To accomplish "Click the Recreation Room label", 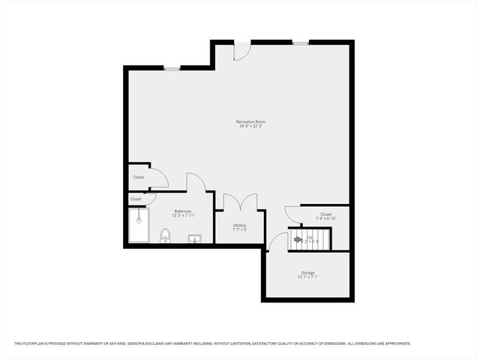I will tap(250, 121).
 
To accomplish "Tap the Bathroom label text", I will tap(184, 211).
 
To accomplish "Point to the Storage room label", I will tap(307, 272).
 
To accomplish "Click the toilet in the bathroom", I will tap(165, 236).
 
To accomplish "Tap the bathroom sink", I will tap(194, 239).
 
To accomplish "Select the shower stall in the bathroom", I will tap(139, 226).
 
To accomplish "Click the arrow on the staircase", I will tap(298, 240).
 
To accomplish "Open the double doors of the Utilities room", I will tap(239, 203).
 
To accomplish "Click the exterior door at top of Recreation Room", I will tap(242, 50).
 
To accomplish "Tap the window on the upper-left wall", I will tap(172, 69).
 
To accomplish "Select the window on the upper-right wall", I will tap(300, 43).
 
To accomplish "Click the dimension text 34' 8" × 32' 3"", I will tap(250, 126).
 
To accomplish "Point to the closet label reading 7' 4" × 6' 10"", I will tap(325, 218).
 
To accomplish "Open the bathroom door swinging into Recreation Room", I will tap(195, 182).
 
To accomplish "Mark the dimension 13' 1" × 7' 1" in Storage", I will tap(307, 277).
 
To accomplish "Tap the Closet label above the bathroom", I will tap(139, 177).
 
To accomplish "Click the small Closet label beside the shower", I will tap(136, 199).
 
